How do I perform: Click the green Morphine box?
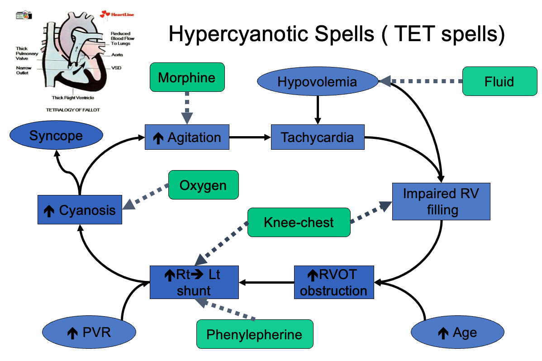[x=187, y=77]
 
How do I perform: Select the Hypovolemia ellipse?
[x=317, y=82]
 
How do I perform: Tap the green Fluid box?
[x=499, y=81]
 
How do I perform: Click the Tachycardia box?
[x=317, y=137]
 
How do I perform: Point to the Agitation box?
[x=187, y=137]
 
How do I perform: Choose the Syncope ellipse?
[x=56, y=135]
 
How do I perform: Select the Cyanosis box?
[x=80, y=209]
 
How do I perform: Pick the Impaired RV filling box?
[x=441, y=201]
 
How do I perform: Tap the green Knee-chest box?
[x=299, y=222]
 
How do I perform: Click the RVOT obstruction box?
[x=334, y=282]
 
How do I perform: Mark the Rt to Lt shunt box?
[x=194, y=282]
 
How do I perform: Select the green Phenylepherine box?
[x=254, y=334]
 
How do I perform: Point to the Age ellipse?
[x=457, y=333]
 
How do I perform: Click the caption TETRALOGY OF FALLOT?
[x=73, y=110]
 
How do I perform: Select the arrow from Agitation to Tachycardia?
[x=250, y=137]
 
